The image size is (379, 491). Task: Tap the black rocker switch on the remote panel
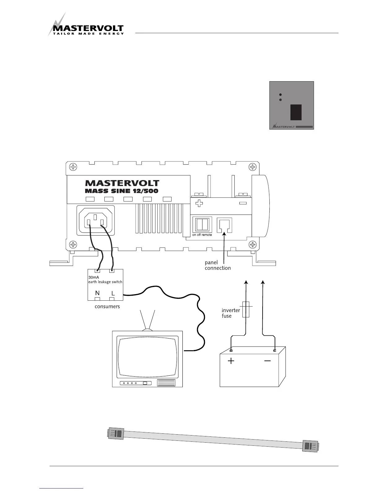[296, 112]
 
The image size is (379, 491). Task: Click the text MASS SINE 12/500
[121, 191]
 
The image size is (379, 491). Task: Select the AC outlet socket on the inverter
[97, 219]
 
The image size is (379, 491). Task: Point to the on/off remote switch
[202, 224]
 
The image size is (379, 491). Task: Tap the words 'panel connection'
[217, 265]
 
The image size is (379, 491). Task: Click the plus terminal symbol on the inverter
[199, 203]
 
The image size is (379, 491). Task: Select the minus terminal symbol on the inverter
[243, 204]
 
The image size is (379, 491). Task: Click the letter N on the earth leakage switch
[97, 293]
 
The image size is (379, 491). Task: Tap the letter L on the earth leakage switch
[113, 293]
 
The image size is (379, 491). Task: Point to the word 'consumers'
[107, 307]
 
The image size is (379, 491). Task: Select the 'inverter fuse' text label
[231, 313]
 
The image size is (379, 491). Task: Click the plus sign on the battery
[231, 361]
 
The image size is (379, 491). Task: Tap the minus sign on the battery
[268, 361]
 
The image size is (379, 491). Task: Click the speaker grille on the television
[166, 383]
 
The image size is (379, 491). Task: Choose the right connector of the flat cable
[310, 446]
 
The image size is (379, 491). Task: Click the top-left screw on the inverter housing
[73, 167]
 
